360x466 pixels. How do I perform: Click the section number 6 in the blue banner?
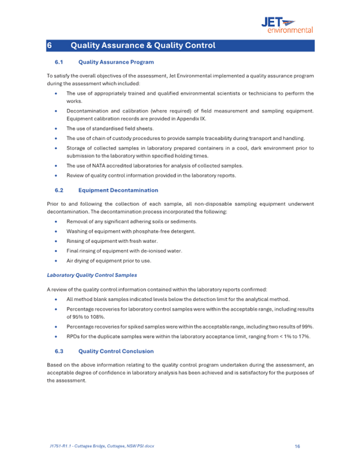click(49, 45)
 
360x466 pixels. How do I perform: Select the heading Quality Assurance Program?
click(116, 62)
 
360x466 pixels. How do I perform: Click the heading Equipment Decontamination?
click(118, 190)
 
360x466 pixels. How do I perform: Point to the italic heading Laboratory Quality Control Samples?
click(92, 275)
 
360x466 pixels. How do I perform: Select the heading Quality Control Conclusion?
click(116, 351)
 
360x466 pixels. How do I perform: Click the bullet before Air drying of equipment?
click(57, 261)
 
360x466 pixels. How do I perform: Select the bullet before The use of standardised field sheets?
click(57, 128)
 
